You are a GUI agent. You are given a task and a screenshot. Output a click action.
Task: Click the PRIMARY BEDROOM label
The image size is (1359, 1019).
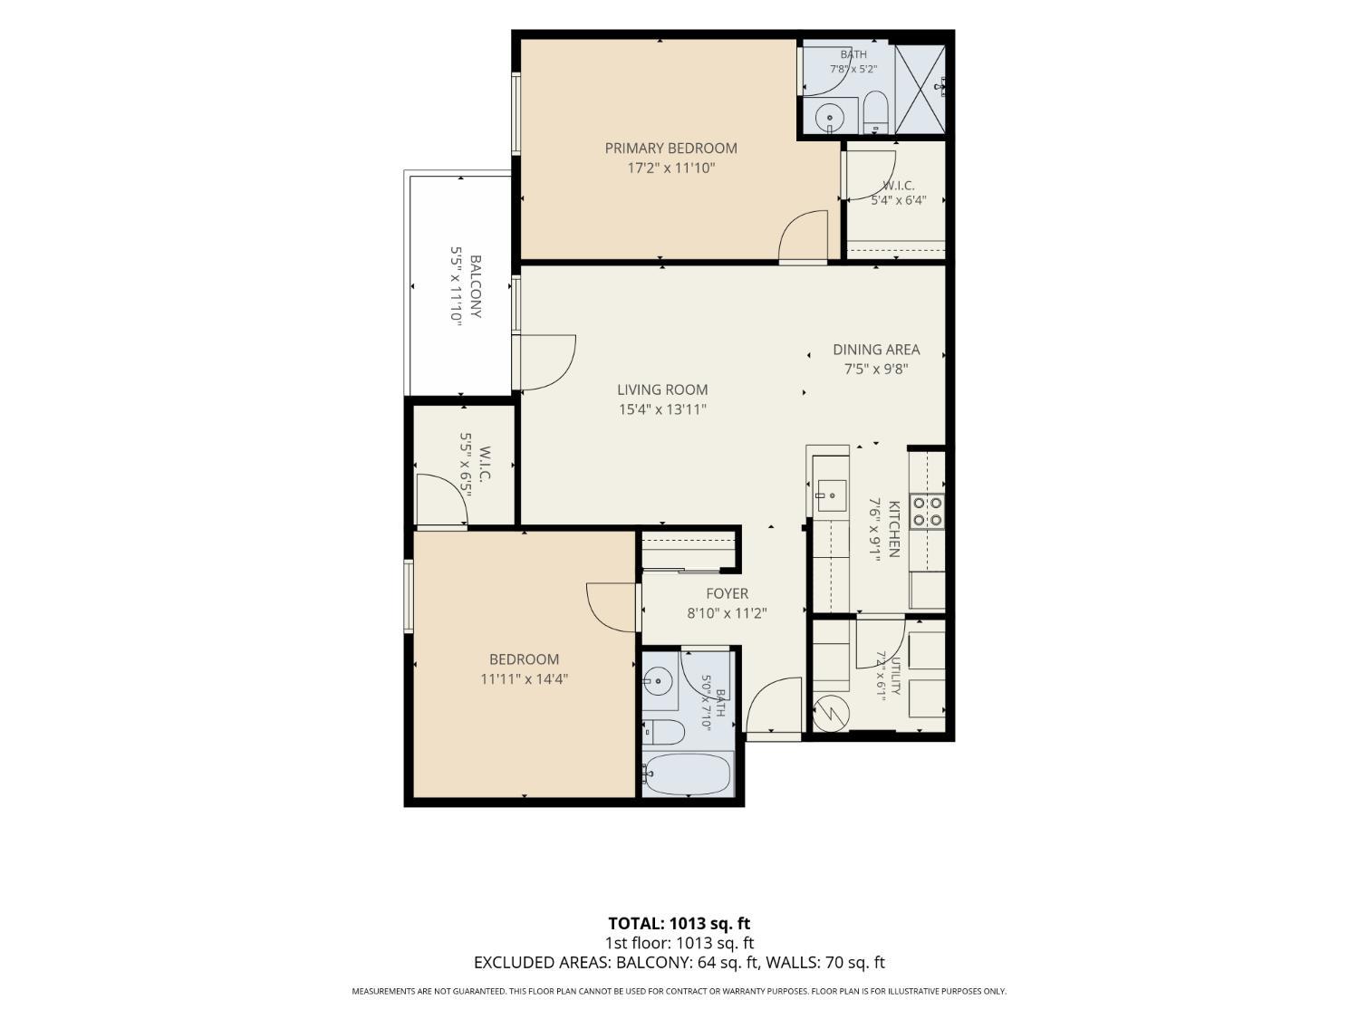670,149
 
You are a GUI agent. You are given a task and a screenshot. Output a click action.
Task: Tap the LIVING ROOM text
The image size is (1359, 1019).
662,389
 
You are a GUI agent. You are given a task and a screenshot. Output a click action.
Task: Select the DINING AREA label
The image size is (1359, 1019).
876,350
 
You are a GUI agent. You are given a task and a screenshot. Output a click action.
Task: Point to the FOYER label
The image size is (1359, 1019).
727,593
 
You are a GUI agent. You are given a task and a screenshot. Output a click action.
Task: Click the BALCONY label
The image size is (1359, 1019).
476,286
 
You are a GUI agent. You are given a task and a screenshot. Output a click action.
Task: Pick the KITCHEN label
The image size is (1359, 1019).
894,529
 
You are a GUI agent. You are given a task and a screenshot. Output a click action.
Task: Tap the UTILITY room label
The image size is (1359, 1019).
895,675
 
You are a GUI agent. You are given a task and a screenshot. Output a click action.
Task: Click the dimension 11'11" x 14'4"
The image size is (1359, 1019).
524,679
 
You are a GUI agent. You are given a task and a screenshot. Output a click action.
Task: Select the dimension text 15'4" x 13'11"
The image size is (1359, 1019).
662,409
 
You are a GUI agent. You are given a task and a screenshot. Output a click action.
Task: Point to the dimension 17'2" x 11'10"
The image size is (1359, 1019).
670,168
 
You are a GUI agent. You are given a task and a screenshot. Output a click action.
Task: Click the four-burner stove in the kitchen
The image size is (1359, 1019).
926,512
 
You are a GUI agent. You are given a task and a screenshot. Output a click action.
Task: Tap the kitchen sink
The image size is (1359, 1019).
831,495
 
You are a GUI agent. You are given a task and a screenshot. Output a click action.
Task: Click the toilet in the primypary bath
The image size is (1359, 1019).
875,112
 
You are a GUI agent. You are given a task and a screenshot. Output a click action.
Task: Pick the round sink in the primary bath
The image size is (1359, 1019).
829,117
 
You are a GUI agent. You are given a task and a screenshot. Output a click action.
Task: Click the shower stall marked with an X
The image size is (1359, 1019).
920,89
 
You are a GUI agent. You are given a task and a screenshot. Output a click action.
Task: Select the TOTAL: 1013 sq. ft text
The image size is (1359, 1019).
679,923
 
